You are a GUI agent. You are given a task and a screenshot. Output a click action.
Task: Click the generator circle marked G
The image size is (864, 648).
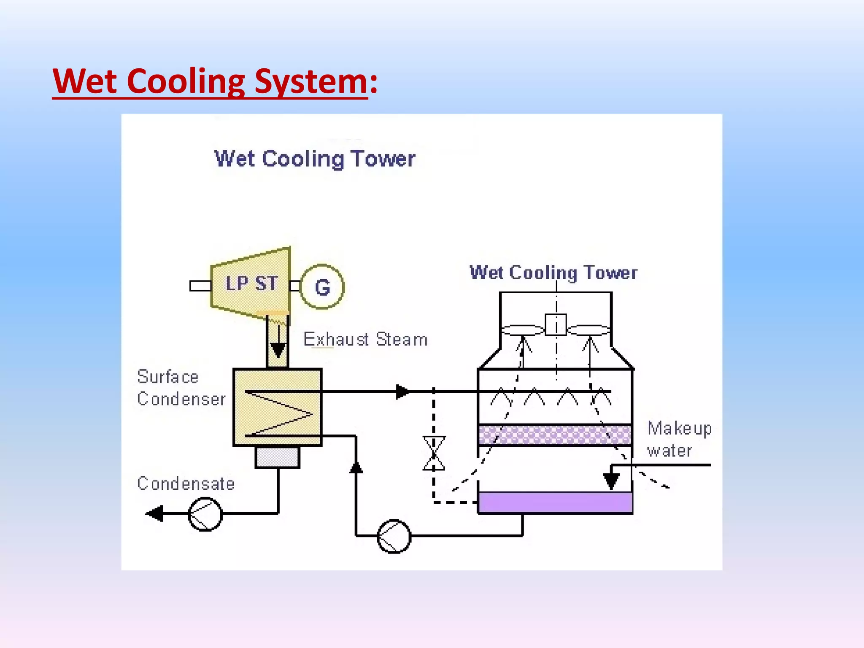point(322,287)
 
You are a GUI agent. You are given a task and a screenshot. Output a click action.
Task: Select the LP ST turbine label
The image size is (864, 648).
point(251,283)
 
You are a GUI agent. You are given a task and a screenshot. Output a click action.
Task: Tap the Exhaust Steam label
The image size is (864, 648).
point(365,340)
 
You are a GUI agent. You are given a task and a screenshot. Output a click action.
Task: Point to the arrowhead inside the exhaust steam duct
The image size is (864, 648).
point(278,350)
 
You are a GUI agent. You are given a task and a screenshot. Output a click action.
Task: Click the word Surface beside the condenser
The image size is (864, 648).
point(167,377)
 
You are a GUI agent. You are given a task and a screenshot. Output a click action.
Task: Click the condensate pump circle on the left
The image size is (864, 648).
point(205,514)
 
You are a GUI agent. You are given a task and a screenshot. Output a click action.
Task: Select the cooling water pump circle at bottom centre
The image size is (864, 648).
point(394,536)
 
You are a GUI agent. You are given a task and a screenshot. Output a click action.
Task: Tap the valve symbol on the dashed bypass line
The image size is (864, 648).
point(434,454)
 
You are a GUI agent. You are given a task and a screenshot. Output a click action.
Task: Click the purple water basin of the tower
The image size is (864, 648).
point(555,502)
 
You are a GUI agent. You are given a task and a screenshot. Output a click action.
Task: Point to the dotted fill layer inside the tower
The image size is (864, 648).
point(555,435)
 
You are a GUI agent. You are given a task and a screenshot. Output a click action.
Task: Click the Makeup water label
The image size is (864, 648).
point(679,439)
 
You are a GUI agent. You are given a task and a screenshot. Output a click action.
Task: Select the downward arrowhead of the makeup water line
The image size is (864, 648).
point(611,481)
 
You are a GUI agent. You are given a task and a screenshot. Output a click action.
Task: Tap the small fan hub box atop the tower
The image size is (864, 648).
point(556,325)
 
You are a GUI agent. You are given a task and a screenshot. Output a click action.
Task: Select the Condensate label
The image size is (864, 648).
point(186,483)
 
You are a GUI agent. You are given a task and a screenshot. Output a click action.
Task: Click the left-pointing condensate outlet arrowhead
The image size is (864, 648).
point(155,513)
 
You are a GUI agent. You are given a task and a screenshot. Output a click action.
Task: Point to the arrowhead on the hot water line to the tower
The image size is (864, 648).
point(402,391)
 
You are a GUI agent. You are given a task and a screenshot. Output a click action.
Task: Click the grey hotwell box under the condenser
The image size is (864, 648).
point(277,457)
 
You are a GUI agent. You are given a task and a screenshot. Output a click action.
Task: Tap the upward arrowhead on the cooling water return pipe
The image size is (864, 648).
point(356,467)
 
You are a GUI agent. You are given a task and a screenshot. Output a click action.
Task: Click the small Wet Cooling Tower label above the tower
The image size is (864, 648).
point(553,273)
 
